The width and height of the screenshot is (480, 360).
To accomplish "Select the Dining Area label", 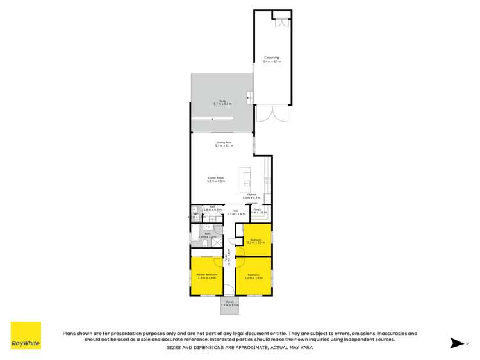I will [224, 143].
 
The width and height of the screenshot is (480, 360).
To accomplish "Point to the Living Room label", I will [215, 179].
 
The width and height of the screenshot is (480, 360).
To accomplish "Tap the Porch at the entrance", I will [229, 303].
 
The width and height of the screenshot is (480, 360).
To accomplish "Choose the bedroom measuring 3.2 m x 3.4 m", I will [253, 276].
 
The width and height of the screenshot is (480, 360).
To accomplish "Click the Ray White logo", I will [26, 335].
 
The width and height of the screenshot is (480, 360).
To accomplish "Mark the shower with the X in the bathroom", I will [217, 242].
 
